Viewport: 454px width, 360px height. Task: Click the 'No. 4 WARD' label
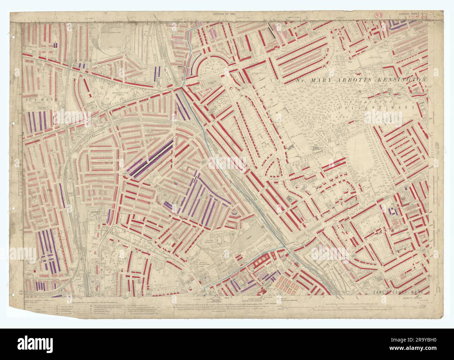[x=37, y=99]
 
